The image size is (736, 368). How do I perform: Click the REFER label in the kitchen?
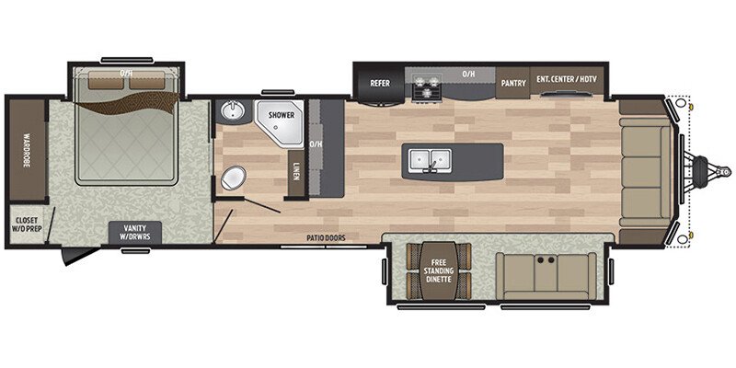tap(381, 83)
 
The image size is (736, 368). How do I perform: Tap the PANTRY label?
tap(513, 83)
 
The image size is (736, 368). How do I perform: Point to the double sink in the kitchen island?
tap(430, 159)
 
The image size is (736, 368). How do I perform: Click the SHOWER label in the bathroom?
tap(282, 115)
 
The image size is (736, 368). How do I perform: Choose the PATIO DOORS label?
tap(326, 238)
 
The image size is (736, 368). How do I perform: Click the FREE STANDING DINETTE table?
tap(440, 270)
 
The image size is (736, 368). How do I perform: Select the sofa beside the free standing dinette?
tap(547, 272)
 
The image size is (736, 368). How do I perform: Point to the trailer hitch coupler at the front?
tap(711, 171)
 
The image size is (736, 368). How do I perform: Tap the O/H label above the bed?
tap(127, 72)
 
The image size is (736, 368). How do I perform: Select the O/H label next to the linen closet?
tap(316, 144)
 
